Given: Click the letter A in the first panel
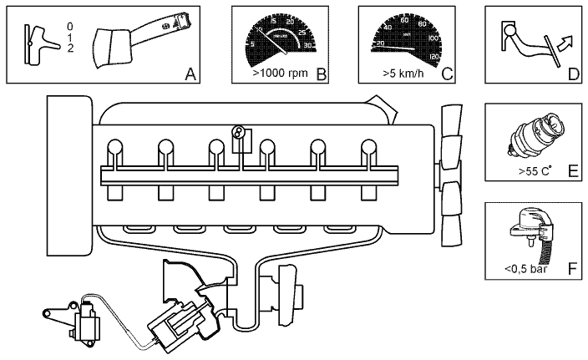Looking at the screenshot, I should click(190, 75).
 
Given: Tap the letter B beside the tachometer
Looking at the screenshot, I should click(321, 74).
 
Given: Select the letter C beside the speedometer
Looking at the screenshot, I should click(448, 74).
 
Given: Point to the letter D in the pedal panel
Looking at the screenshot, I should click(573, 74).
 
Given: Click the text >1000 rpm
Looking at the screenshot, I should click(280, 74).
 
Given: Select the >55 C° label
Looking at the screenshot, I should click(534, 174).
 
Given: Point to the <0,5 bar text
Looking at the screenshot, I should click(525, 269).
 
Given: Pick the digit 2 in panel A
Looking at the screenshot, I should click(71, 48).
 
